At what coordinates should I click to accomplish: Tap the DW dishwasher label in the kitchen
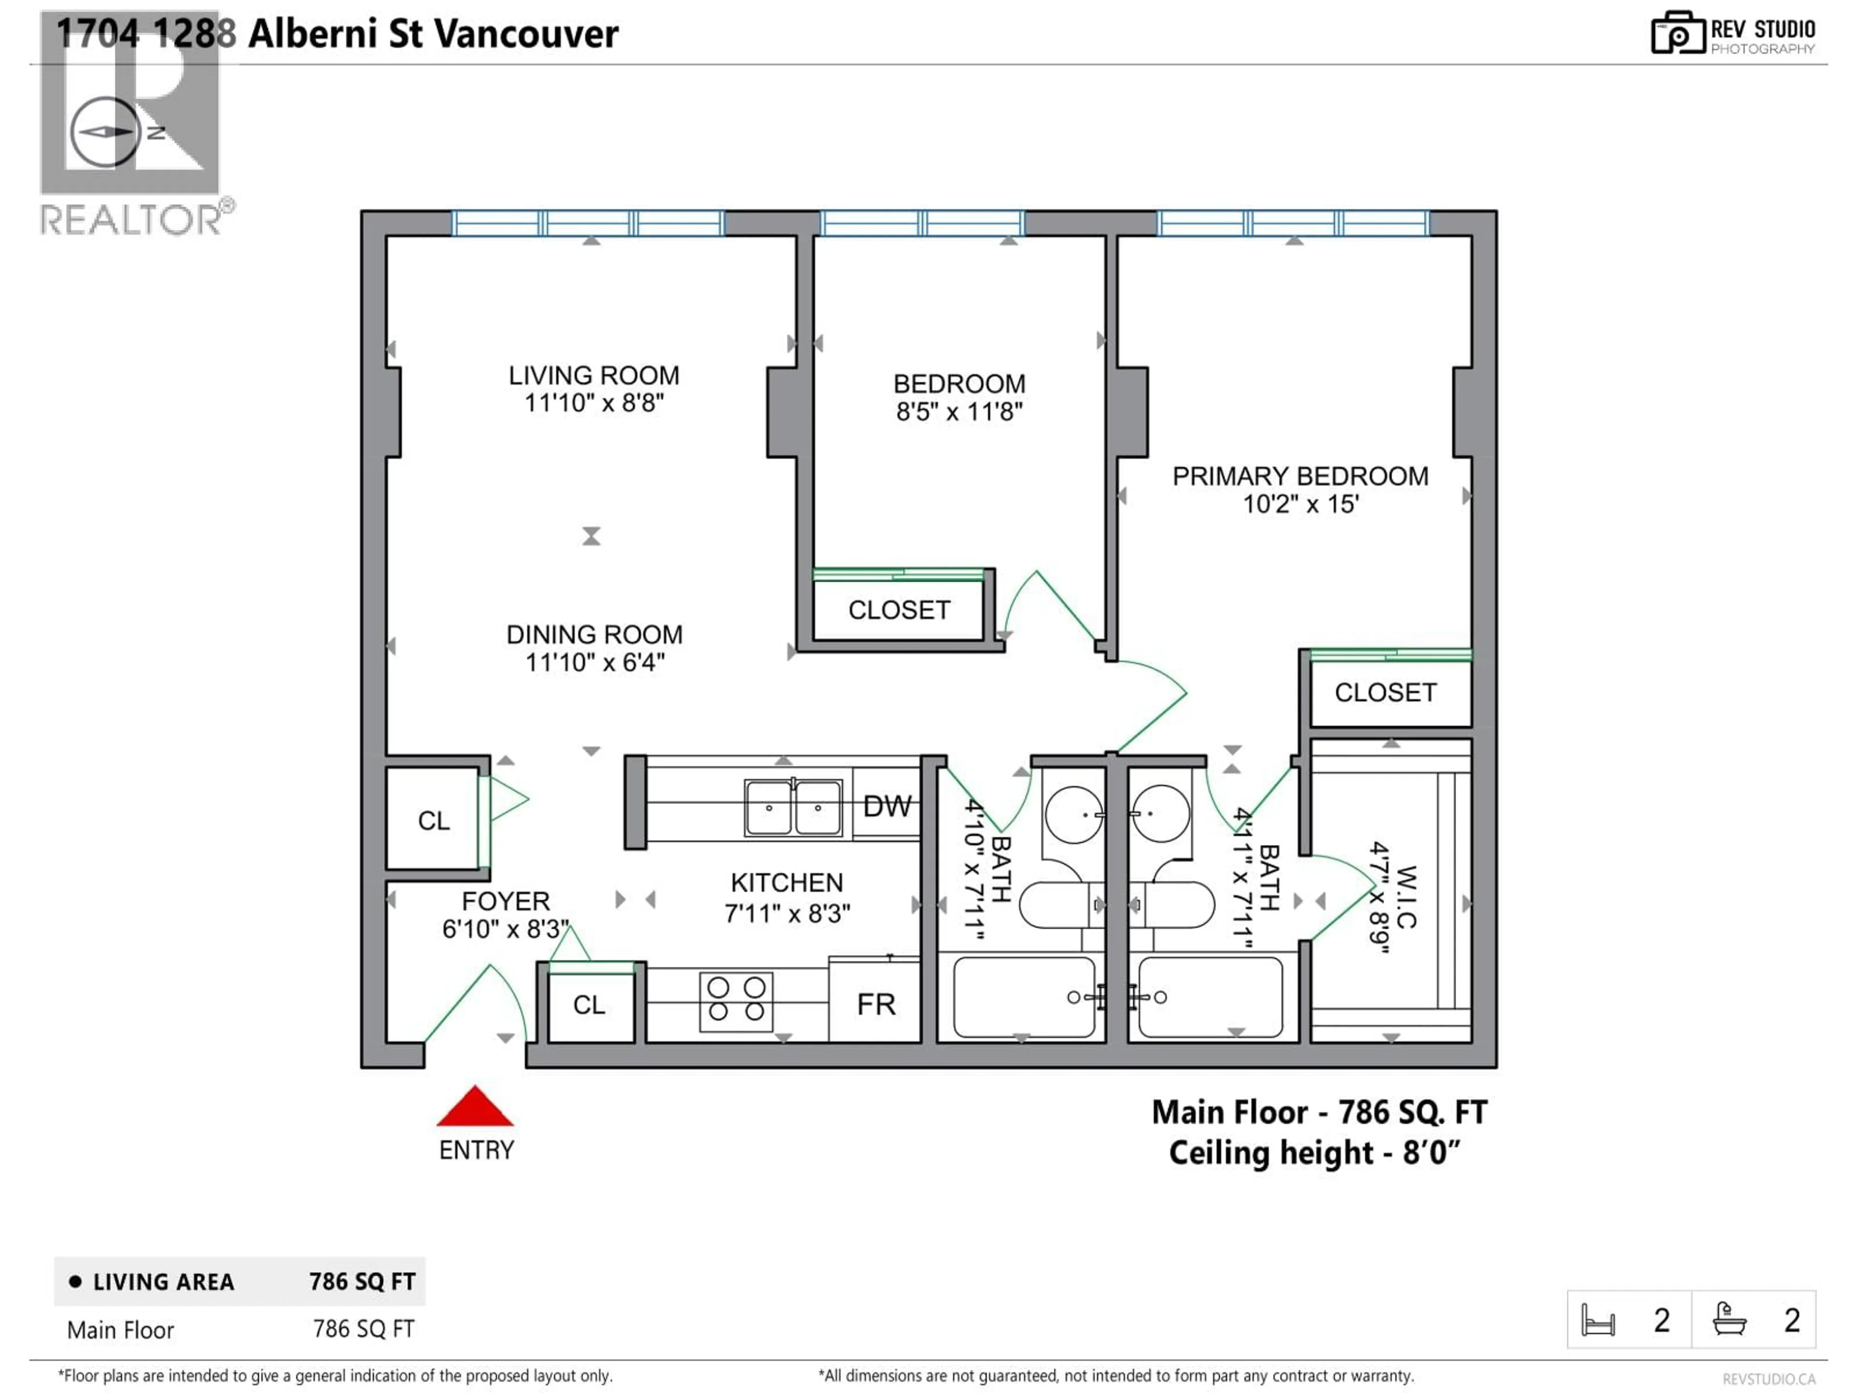(x=886, y=806)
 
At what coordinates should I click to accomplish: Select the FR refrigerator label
(x=876, y=1004)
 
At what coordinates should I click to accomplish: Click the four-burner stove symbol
(x=736, y=998)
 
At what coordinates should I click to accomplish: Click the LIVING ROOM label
(x=593, y=375)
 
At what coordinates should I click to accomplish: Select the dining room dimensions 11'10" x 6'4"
(x=594, y=663)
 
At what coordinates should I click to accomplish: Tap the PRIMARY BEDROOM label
(x=1299, y=476)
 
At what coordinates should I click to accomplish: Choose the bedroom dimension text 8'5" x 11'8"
(x=958, y=412)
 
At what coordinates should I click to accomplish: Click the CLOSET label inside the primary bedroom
(x=1385, y=693)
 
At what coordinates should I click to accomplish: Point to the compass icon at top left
(x=105, y=132)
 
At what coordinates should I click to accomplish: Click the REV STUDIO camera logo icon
(x=1677, y=34)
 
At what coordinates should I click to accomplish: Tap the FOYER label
(x=505, y=901)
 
